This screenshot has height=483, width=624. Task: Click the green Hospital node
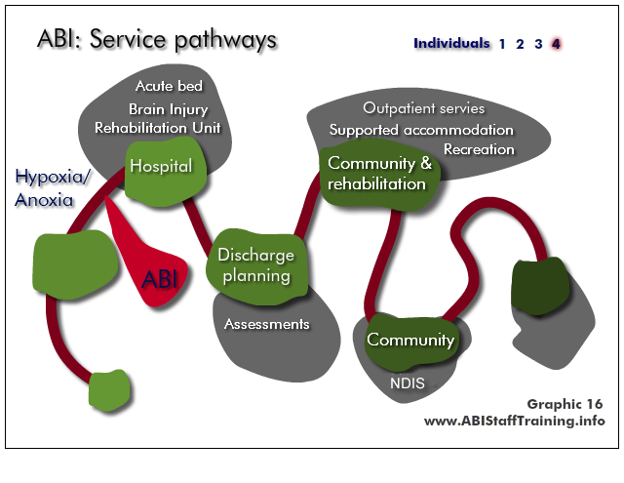pos(166,172)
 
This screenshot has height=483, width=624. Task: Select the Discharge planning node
pos(257,266)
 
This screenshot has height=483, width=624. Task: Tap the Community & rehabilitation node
pos(379,176)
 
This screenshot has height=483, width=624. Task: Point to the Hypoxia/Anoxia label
pos(53,188)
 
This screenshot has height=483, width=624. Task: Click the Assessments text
pos(266,324)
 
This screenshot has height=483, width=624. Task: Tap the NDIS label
pos(408,383)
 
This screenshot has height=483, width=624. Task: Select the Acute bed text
pos(169,86)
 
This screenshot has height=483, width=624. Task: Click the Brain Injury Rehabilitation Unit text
pos(158,118)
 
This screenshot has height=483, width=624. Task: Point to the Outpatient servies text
pos(424,108)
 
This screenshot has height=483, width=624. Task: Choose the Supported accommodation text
pos(421,130)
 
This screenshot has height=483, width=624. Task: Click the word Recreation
pos(479,149)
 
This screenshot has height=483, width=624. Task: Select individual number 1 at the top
pos(502,44)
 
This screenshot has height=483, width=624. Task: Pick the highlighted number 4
pos(556,44)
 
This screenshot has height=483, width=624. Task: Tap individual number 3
pos(538,44)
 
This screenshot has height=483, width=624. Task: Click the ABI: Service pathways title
pos(157,39)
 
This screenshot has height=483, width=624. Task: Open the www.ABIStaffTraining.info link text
pos(514,421)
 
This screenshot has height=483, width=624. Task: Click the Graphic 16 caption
pos(565,404)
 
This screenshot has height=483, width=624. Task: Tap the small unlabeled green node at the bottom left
pos(109,390)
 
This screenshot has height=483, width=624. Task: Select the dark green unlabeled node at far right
pos(540,286)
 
